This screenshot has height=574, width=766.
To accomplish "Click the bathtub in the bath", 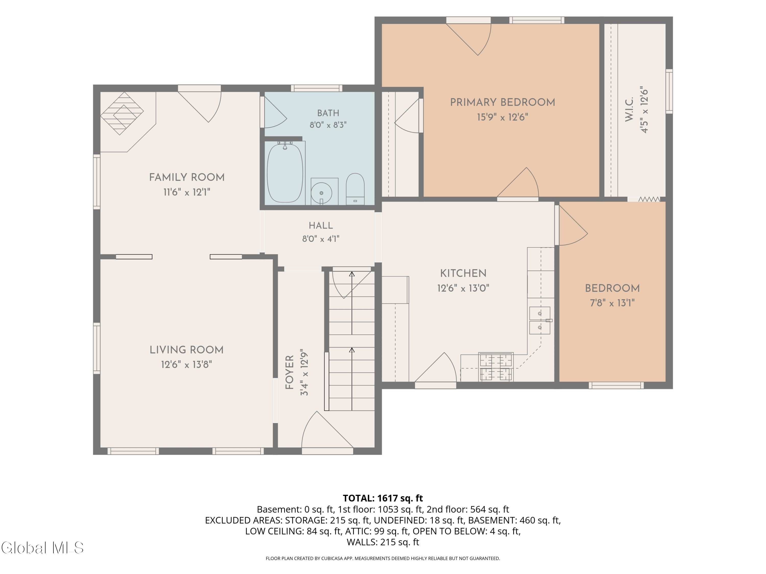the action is coord(285,173).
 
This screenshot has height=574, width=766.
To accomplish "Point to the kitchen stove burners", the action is coord(496,367).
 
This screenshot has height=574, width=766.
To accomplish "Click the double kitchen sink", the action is coord(540,320).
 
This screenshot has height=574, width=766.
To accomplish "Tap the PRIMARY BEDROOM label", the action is coord(502,102).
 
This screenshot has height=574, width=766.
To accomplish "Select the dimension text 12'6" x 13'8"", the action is coord(186,365).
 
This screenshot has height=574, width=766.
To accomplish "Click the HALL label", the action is coord(321,226).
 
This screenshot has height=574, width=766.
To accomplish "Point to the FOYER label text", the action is coord(290,372).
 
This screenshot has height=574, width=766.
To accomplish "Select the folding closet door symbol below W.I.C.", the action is coord(649,199).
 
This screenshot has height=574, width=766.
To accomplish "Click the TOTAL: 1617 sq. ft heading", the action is coord(383,498).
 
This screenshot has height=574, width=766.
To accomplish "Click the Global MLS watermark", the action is coord(42,548).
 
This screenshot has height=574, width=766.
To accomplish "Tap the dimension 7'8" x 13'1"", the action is coord(612,303).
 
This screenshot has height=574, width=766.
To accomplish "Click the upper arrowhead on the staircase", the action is coord(352,274).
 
